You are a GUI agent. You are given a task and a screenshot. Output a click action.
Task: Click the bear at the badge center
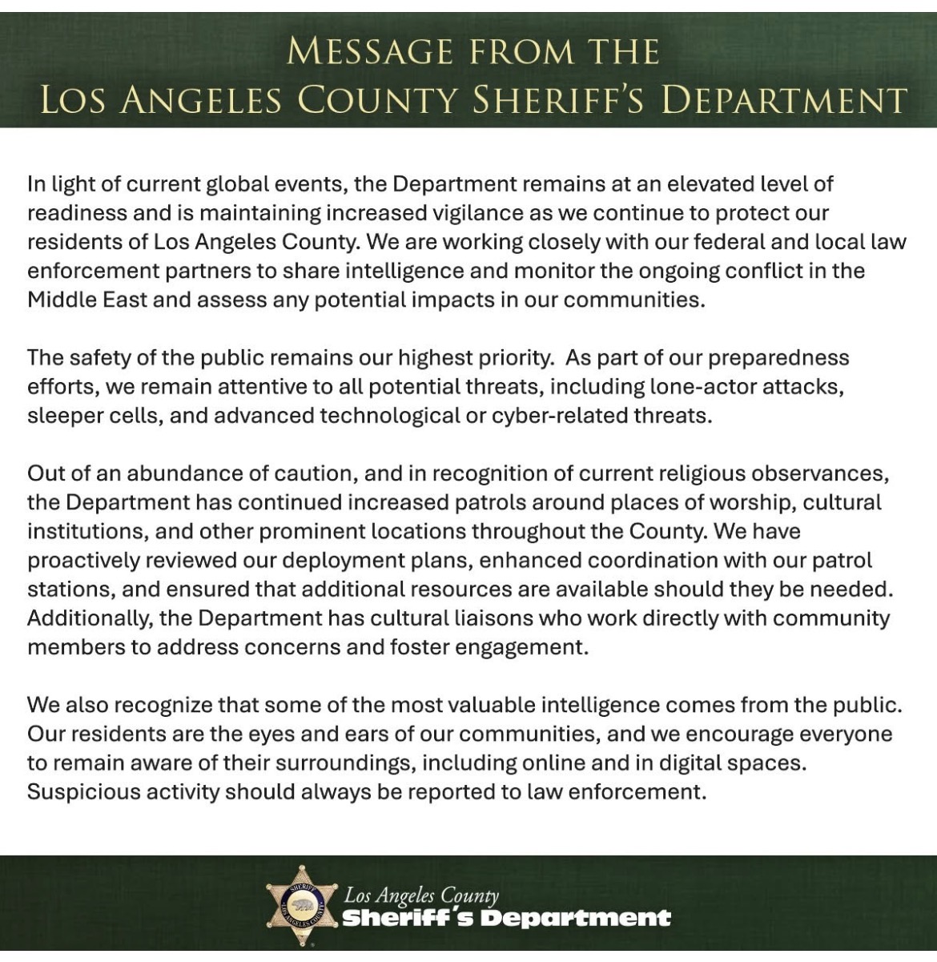(x=303, y=906)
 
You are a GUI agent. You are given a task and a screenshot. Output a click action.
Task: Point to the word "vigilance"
(x=436, y=213)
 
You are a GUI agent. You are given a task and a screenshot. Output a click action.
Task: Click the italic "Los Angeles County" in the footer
(x=421, y=896)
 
